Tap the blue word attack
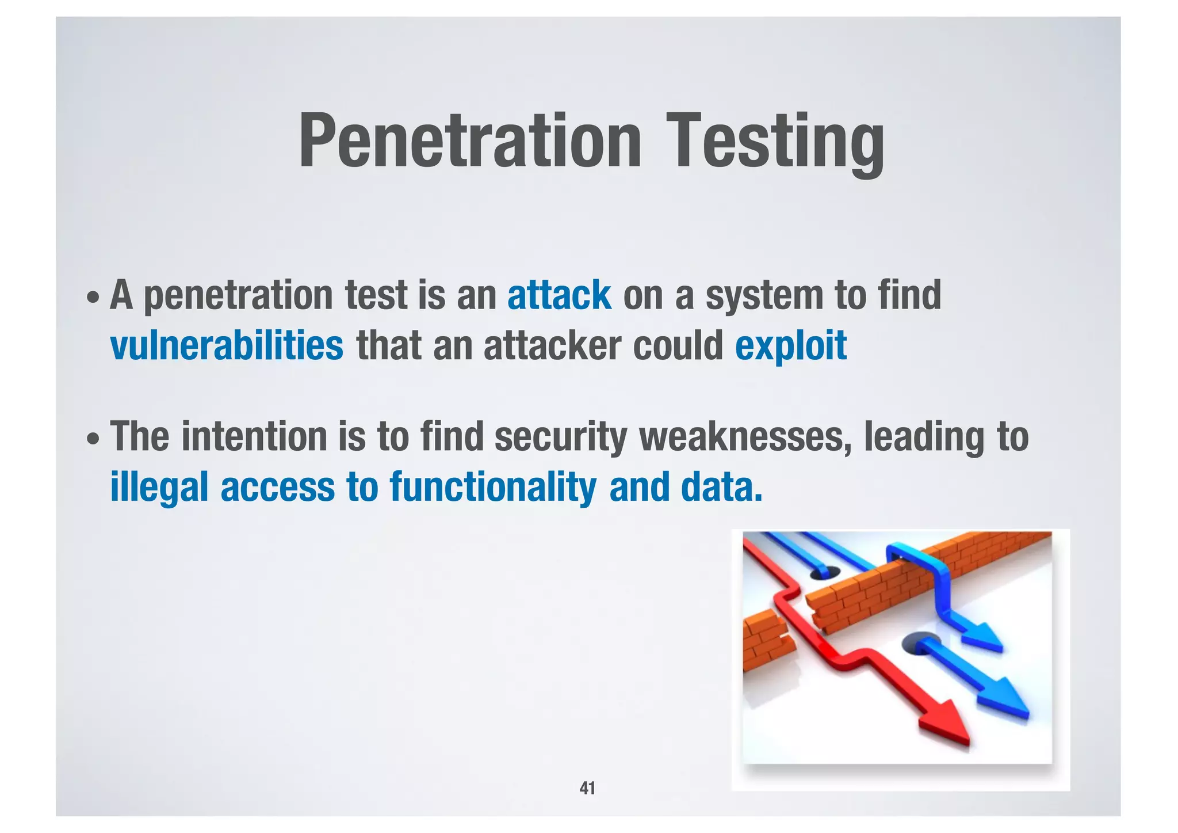click(559, 295)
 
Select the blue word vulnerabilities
click(227, 345)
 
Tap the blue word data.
click(721, 486)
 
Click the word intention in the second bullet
click(255, 436)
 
